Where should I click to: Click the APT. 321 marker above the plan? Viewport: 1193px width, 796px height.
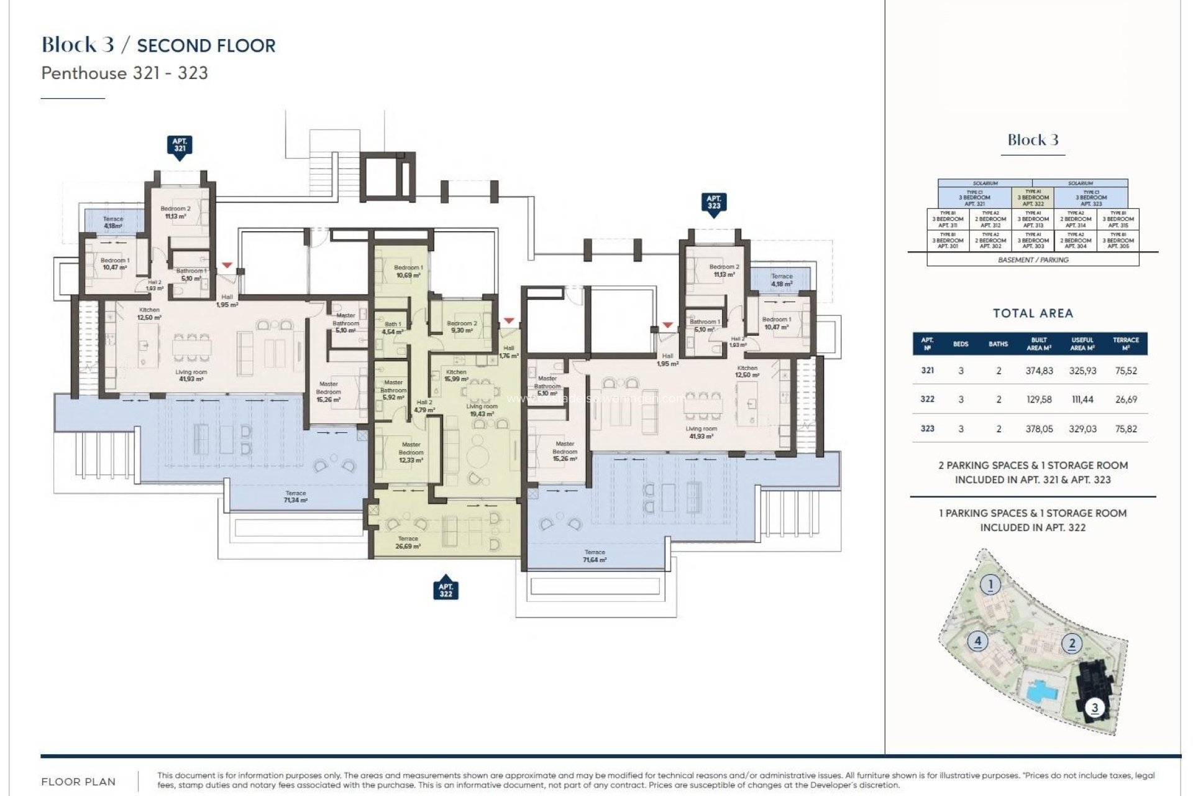(180, 146)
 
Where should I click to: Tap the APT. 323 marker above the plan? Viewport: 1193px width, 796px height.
(713, 203)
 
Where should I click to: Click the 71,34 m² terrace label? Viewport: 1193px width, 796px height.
(295, 496)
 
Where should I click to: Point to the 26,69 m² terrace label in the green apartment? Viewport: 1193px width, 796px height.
(408, 542)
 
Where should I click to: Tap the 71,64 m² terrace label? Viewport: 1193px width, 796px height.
(595, 556)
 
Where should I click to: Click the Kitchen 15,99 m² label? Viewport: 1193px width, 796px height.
(456, 376)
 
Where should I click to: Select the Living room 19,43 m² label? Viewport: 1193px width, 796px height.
(482, 410)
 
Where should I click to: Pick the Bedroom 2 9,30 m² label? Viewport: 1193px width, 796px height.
(462, 326)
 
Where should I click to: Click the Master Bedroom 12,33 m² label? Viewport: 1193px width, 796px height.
(411, 452)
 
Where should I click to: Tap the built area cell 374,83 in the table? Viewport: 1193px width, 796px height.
(1039, 371)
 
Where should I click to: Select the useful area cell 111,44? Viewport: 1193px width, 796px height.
(1082, 399)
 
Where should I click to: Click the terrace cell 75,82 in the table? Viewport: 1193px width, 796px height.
(1125, 428)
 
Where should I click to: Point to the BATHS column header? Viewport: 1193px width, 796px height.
(998, 344)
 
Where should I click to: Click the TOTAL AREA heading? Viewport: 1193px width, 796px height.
(1033, 313)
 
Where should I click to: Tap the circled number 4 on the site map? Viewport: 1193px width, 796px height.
(977, 641)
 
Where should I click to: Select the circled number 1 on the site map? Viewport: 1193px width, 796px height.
(990, 584)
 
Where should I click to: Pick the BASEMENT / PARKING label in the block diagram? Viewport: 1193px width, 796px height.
(1033, 260)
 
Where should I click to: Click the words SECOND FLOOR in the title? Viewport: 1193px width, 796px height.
(206, 45)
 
